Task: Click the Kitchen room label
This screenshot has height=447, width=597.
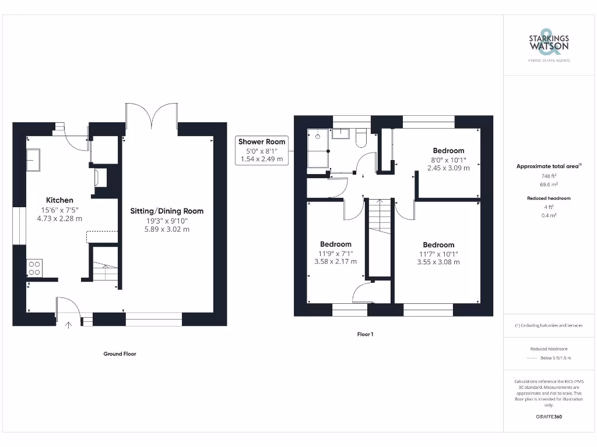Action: coord(59,200)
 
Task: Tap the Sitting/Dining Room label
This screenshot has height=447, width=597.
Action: coord(167,211)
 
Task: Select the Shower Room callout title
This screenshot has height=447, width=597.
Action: coord(262,141)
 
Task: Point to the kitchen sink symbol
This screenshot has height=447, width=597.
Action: coord(33,159)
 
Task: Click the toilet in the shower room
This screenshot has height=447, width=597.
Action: coord(360,137)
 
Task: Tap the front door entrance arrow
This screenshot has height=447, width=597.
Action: coord(69,325)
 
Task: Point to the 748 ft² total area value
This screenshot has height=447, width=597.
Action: coord(548,176)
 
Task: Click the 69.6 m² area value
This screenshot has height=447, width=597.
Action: coord(548,184)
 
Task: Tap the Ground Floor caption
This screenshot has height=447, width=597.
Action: coord(120,353)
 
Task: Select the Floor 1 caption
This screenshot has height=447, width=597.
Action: coord(365,334)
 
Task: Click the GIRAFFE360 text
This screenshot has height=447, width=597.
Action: coord(549,417)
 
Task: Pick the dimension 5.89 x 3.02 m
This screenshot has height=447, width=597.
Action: coord(167,229)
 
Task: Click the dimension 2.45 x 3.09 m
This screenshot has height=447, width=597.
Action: coord(448,168)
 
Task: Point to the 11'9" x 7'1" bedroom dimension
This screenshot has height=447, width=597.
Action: coord(335,253)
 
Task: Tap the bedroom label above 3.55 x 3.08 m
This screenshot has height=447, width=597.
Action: coord(438,244)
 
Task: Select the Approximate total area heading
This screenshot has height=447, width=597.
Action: coord(548,166)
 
